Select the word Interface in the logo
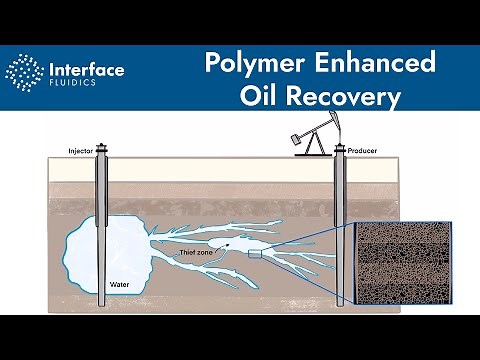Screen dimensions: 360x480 86,69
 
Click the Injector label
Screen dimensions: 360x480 81,152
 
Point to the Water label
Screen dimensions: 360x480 118,284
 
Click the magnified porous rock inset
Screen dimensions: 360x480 405,265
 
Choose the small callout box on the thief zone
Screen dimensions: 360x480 255,255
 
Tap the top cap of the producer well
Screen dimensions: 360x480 340,151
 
